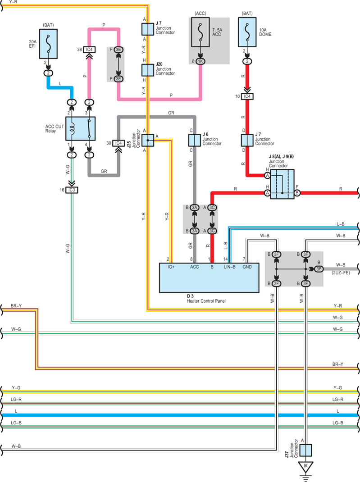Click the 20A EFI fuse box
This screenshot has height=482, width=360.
click(48, 44)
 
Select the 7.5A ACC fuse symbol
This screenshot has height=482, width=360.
click(201, 32)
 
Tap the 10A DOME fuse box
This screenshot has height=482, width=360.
click(247, 32)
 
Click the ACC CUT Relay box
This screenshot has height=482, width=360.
click(81, 128)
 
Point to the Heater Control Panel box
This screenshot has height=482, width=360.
click(209, 277)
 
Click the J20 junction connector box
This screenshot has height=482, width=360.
click(148, 70)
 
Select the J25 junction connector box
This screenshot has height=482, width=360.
click(148, 140)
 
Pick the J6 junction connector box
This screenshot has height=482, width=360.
click(194, 140)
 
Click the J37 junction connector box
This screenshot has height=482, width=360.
click(305, 450)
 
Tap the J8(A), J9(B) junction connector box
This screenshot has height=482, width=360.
click(282, 184)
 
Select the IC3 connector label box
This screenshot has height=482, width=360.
click(72, 190)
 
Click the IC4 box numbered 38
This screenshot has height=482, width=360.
click(89, 50)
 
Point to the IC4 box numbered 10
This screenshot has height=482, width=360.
click(247, 96)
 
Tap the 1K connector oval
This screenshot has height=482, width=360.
click(201, 61)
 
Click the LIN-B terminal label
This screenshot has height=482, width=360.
click(230, 267)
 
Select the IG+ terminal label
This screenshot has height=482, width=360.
click(171, 267)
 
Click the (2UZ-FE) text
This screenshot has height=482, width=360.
click(340, 273)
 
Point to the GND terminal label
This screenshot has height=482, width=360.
click(247, 267)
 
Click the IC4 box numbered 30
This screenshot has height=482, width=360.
click(118, 143)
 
